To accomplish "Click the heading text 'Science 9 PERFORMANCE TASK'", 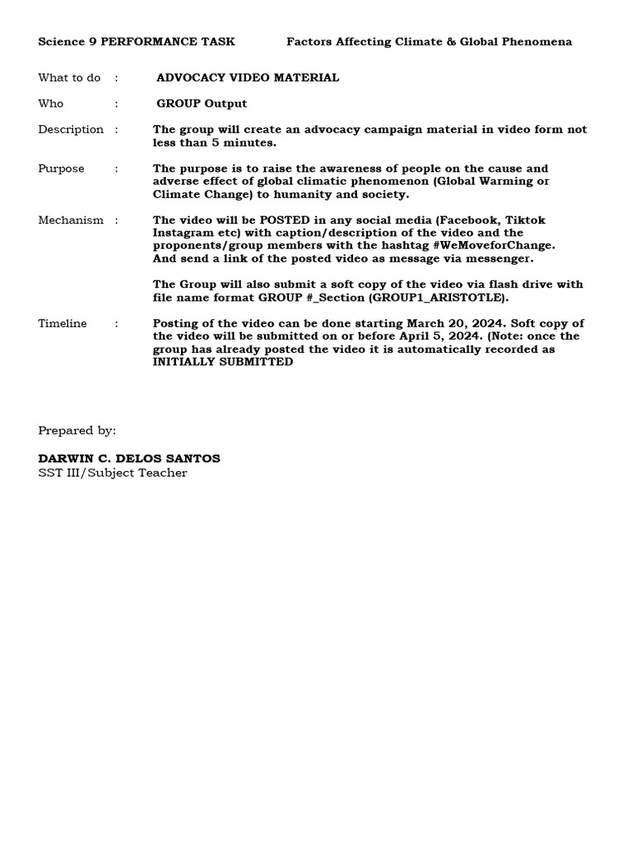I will [x=136, y=42].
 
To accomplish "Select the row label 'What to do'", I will [x=69, y=78].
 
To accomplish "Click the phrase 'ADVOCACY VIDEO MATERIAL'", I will [x=248, y=78].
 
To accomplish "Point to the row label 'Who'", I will [x=50, y=104].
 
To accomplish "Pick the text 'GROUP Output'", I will [x=202, y=104].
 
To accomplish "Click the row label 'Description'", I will [x=71, y=130].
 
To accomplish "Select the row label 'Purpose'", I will [x=61, y=169].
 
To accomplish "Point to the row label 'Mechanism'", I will [x=71, y=220].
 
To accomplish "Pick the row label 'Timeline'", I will [x=62, y=324].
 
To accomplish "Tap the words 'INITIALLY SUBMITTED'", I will [x=222, y=362].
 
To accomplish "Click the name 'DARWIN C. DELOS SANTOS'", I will [x=129, y=458].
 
